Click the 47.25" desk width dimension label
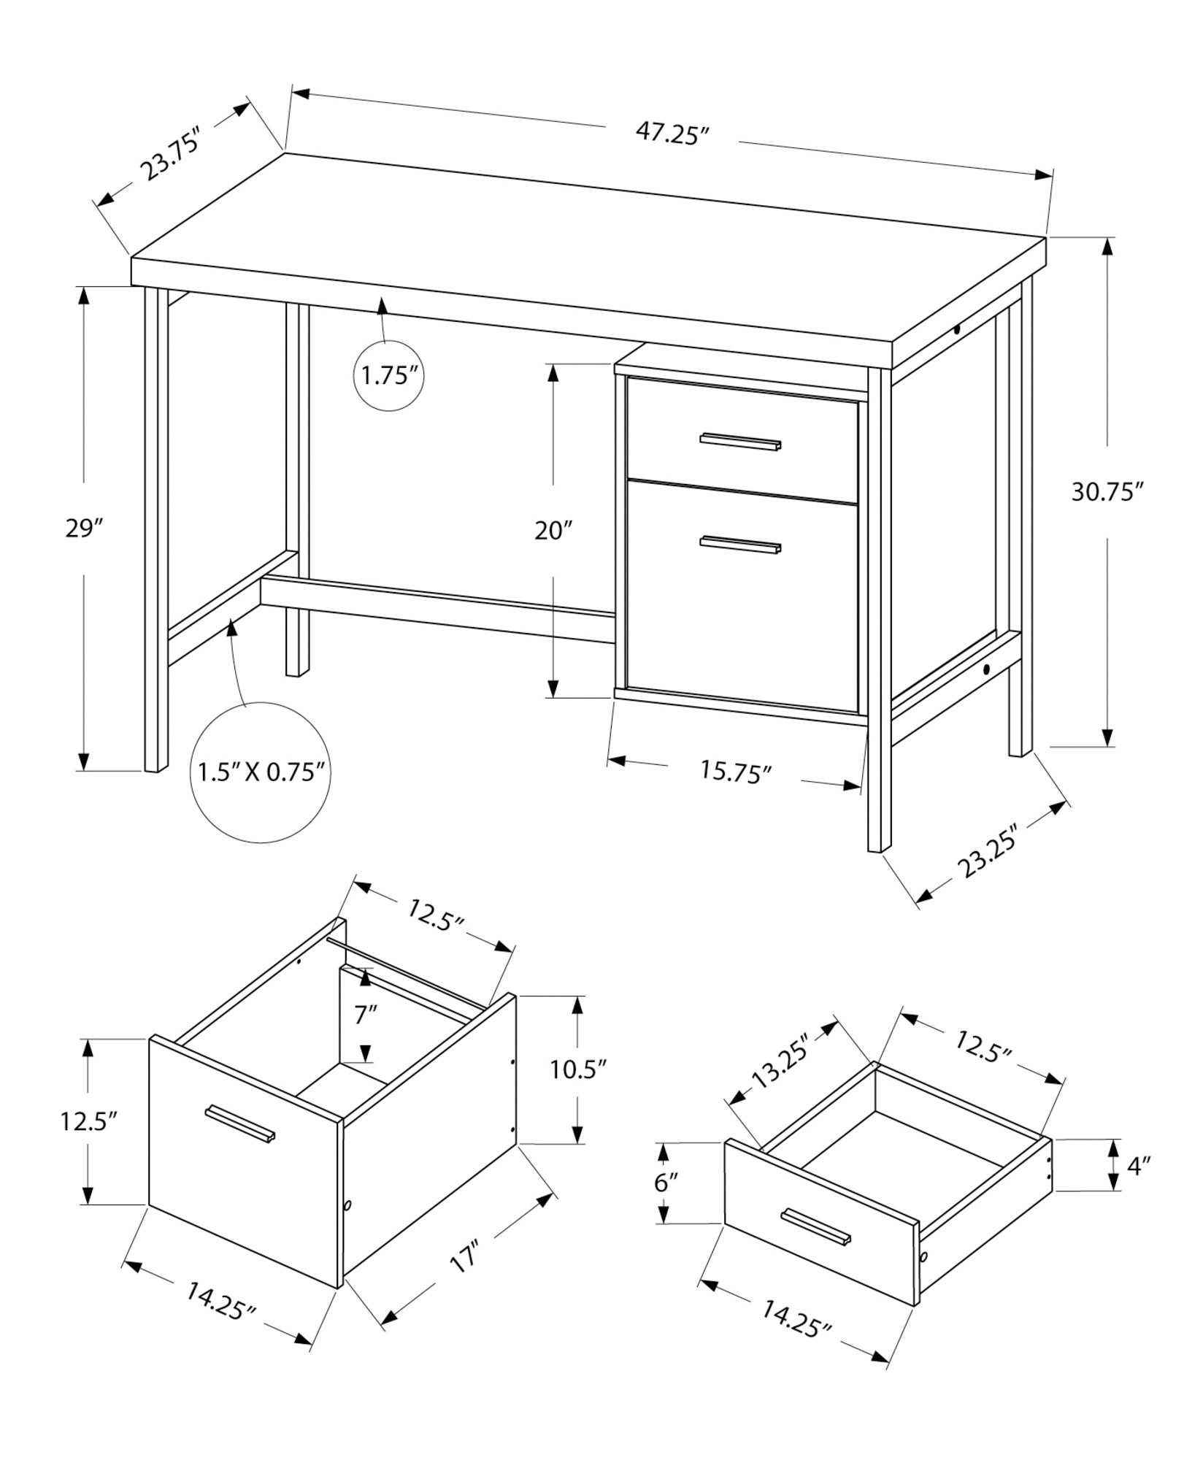672,134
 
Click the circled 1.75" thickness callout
389,377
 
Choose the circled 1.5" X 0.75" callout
261,772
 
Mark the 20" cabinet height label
553,531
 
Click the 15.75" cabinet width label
736,772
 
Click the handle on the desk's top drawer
740,442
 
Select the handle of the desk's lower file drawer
740,545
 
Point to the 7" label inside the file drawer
366,1015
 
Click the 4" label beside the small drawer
1138,1186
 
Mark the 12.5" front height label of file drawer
89,1121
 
